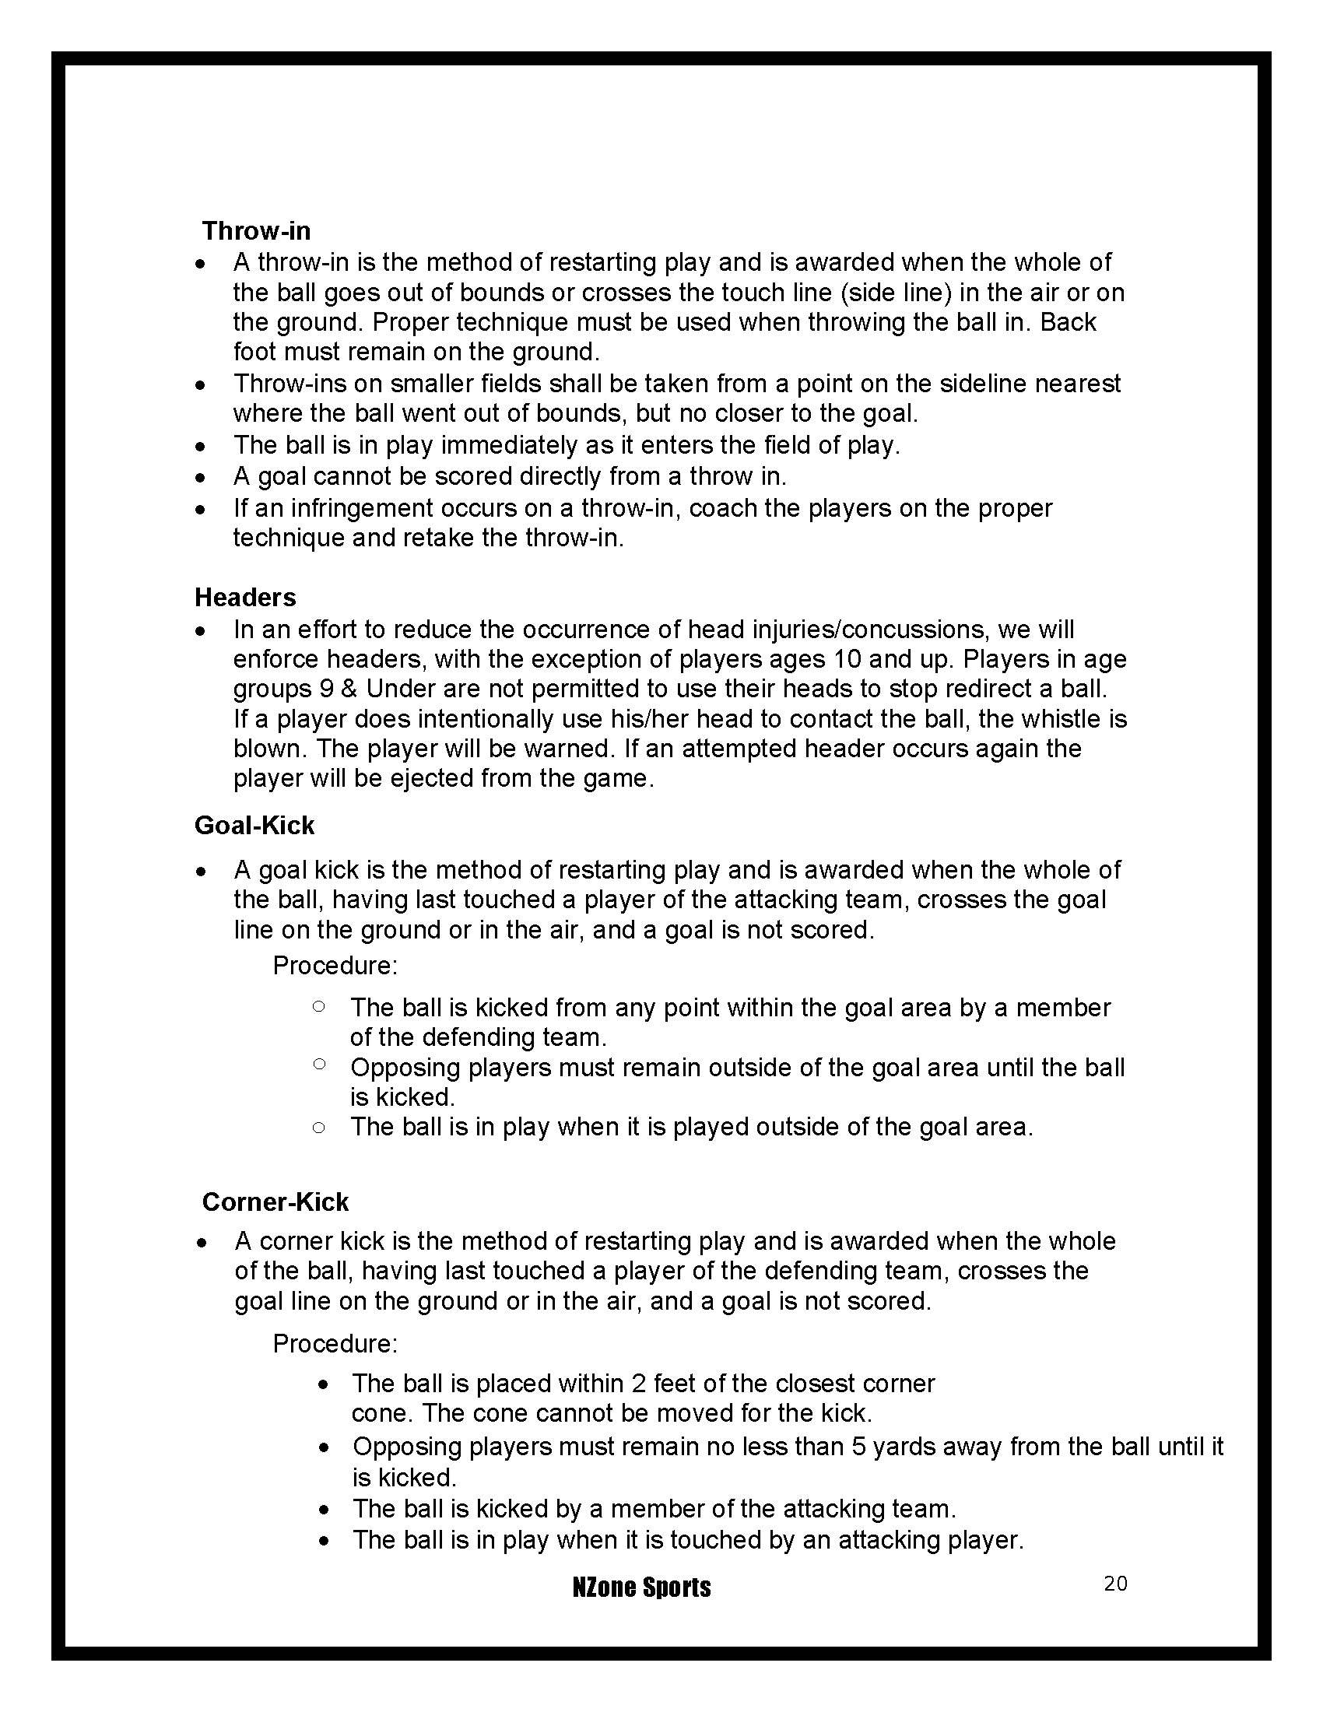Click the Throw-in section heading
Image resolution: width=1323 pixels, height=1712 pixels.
(x=256, y=231)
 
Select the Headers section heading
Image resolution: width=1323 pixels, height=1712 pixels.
(x=245, y=598)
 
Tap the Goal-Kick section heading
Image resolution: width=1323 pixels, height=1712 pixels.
(x=254, y=826)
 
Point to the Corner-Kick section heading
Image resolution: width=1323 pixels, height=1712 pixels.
(x=275, y=1202)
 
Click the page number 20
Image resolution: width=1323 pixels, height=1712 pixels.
(x=1115, y=1584)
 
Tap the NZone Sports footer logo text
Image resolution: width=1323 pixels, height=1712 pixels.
(x=641, y=1587)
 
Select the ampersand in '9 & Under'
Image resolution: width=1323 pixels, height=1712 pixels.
(x=349, y=689)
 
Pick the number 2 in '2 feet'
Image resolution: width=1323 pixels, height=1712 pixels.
(x=638, y=1384)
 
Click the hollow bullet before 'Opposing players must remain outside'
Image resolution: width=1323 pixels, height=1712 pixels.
(x=319, y=1065)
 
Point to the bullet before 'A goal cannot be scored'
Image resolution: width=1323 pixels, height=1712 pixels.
(x=202, y=477)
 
